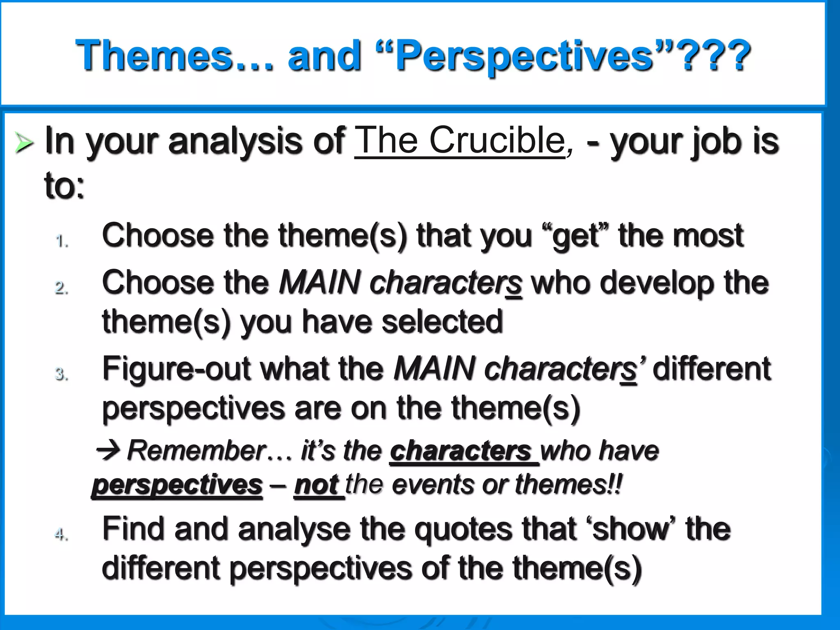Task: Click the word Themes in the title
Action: tap(154, 55)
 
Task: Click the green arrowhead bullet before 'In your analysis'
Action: tap(24, 143)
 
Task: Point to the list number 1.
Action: tap(62, 241)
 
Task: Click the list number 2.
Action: tap(62, 288)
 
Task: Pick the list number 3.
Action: tap(62, 374)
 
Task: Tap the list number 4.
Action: tap(62, 534)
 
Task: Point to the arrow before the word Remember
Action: tap(108, 450)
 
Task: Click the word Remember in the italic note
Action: tap(197, 450)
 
